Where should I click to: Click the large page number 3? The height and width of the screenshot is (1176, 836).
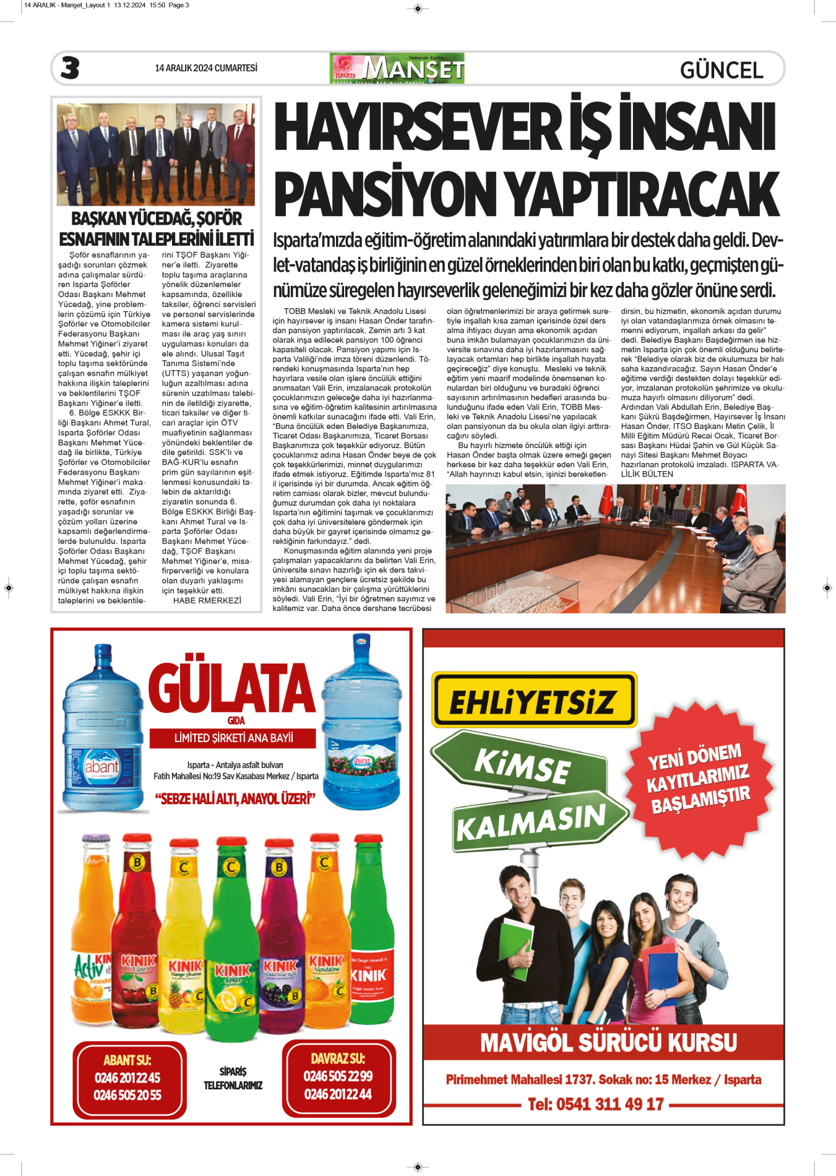[70, 68]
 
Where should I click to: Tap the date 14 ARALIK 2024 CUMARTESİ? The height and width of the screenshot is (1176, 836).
[206, 68]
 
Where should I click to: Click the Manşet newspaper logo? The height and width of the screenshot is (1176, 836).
[398, 68]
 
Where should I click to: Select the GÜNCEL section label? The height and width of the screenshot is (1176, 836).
[722, 70]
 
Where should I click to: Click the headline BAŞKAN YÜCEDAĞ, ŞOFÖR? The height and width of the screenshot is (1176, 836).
[157, 218]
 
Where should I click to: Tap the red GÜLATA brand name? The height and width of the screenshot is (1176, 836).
[231, 689]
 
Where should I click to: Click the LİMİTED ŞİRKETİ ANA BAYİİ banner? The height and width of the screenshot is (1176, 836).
[233, 738]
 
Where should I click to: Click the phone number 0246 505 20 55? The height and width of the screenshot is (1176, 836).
[127, 1095]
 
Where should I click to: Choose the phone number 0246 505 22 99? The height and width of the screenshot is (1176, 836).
[338, 1076]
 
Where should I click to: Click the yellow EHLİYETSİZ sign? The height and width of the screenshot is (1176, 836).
[533, 701]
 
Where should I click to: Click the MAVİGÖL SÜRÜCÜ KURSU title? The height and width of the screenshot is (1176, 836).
[608, 1043]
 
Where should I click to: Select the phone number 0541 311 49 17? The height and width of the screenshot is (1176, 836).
[595, 1104]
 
